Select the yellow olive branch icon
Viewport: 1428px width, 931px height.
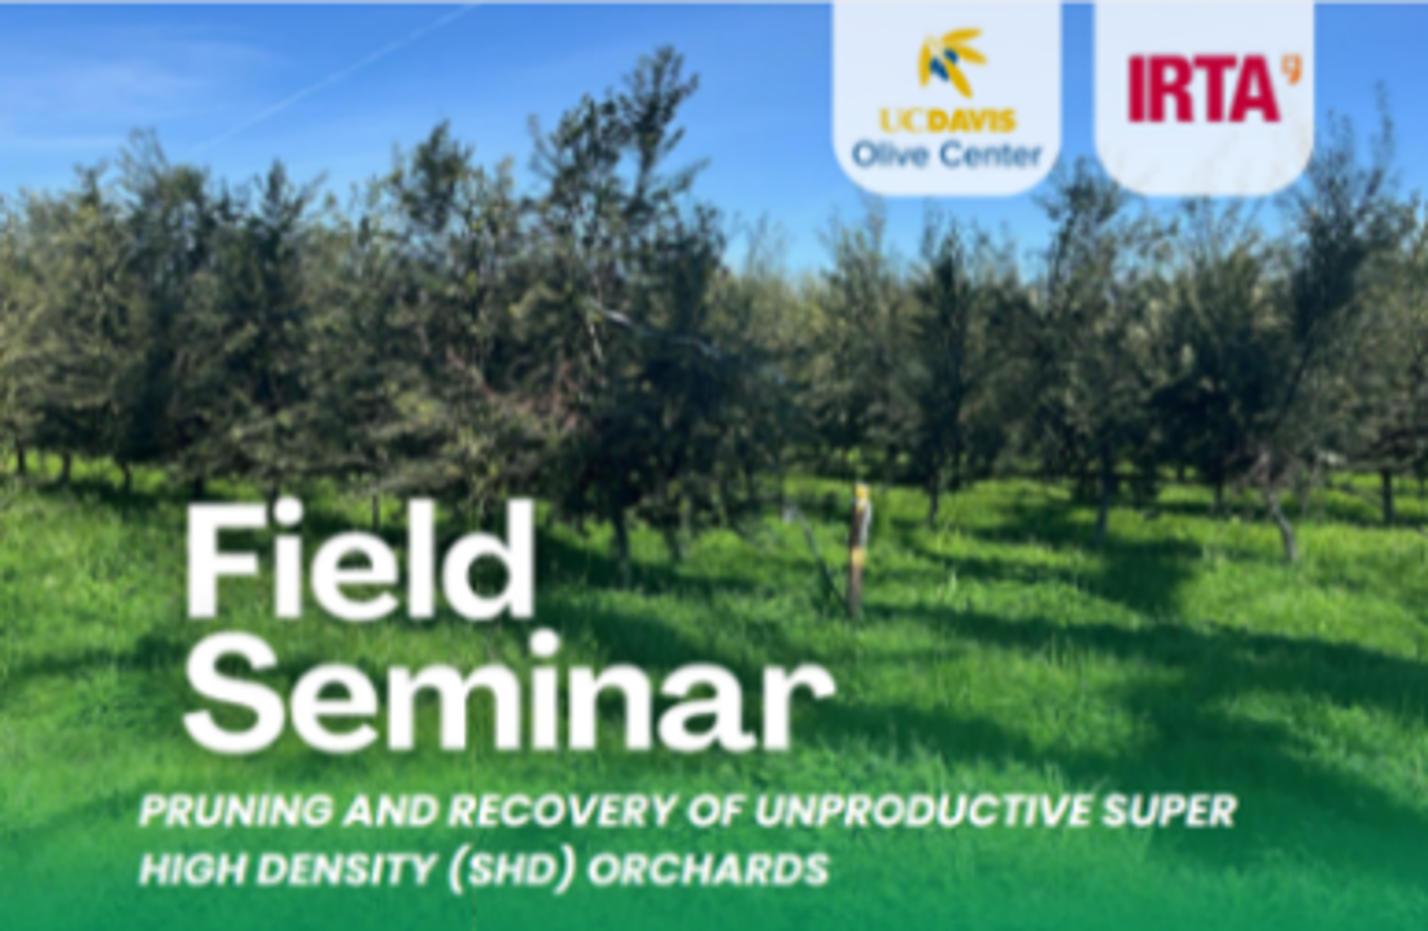tap(951, 62)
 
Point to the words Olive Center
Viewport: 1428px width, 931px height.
tap(947, 155)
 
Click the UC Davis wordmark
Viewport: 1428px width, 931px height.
tap(947, 121)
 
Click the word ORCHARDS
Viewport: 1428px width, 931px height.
tap(708, 869)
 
